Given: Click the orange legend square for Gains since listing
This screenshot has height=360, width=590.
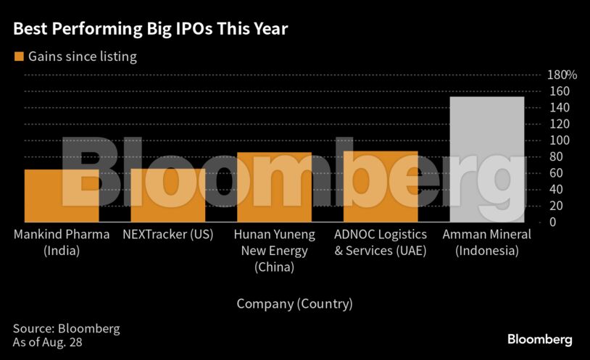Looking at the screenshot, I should tap(19, 56).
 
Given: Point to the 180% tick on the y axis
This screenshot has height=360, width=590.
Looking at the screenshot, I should tap(561, 75).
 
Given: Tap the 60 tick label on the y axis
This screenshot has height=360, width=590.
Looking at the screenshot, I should tap(555, 173).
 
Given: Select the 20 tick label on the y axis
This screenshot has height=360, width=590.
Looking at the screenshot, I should tap(555, 206).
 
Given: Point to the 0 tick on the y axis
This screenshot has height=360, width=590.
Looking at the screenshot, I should tap(552, 222).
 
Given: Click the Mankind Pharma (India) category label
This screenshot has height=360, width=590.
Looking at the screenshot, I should tap(62, 243).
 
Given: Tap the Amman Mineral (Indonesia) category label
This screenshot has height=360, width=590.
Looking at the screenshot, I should tap(486, 243).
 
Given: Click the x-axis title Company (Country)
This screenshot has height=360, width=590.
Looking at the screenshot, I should tap(294, 304).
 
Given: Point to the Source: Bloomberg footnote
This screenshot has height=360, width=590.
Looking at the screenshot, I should tap(66, 328).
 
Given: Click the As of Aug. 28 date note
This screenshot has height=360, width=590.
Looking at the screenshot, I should tap(47, 342).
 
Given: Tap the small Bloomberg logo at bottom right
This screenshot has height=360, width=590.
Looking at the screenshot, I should tap(539, 339).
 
